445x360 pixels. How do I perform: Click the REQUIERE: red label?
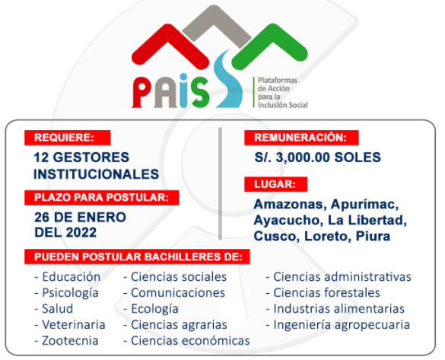coord(67,138)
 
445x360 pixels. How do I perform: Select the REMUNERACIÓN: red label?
coord(301,138)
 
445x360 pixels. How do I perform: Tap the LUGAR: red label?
coord(276,184)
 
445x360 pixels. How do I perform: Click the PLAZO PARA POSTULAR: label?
coord(102,198)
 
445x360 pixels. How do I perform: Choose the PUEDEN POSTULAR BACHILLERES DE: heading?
coord(137,257)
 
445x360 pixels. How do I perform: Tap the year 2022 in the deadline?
coord(81,233)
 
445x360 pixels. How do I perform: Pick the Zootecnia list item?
coord(66,341)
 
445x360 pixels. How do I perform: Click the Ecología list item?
coord(151,309)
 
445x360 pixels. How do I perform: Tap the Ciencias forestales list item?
coord(323,293)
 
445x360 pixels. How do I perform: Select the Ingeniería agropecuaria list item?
coord(338,325)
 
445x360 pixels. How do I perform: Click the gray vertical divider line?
coord(221,183)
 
